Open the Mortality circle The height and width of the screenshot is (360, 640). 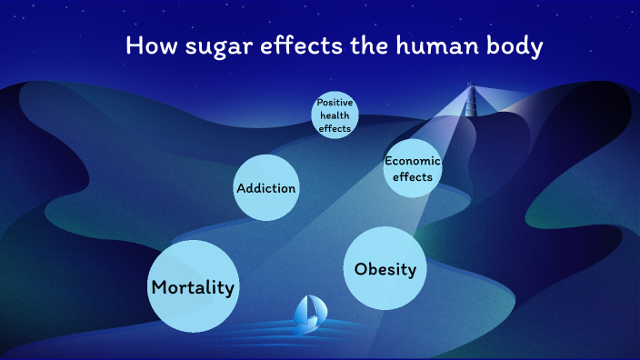pos(193,285)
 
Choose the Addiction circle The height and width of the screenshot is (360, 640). pos(266,187)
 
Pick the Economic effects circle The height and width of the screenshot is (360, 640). pos(413,169)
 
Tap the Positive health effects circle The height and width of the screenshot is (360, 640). pos(335,115)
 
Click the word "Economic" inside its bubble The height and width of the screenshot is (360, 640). pos(413,161)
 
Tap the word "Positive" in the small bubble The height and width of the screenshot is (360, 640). pos(335,103)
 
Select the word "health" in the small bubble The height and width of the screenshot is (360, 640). pos(335,115)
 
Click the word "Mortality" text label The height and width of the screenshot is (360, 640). pos(193,287)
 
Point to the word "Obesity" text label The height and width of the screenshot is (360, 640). pos(385,269)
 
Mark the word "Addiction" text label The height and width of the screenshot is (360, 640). pos(266,188)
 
